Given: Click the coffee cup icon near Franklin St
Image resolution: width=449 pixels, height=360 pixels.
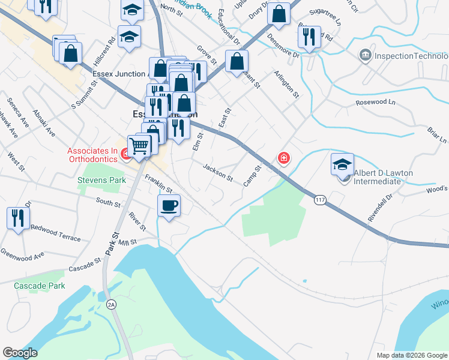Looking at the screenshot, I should pos(169,206).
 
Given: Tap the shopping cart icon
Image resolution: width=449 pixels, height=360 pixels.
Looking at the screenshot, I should pos(139,145).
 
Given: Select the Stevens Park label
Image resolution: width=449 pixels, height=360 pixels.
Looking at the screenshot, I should pos(101,179).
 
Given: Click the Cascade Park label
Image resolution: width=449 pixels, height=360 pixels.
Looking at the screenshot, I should pos(40,286).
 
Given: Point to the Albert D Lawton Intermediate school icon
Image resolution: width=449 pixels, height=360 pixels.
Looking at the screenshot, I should pos(342,164).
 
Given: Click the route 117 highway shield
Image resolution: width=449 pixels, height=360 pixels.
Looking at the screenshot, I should pos(319,199).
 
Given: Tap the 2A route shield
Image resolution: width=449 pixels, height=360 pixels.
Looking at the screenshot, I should pos(111,305).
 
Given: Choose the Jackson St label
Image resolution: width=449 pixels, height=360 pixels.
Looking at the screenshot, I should pos(218,172).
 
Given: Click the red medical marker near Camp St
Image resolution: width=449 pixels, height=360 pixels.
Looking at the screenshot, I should pos(283,158).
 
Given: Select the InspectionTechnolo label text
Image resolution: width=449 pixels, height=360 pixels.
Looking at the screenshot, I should pos(411,56).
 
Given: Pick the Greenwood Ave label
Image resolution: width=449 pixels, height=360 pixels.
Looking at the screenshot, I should pos(23,254).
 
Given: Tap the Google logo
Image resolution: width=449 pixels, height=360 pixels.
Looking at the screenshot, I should pos(20,353).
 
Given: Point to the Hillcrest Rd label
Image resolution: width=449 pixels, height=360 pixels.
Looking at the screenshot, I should pos(109,52).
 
